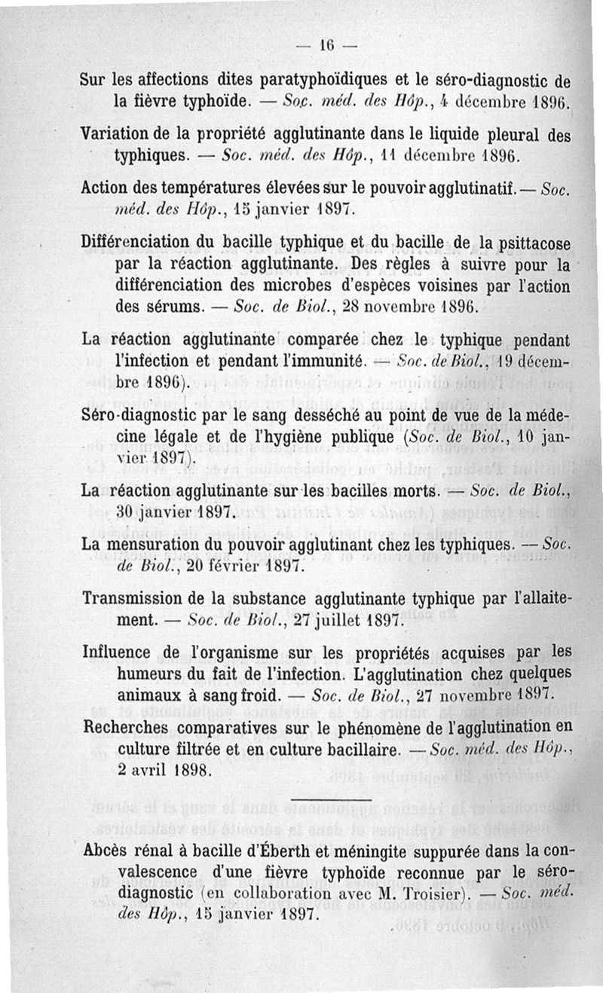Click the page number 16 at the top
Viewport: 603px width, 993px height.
pyautogui.click(x=326, y=44)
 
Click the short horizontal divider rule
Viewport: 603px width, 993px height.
pyautogui.click(x=330, y=801)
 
